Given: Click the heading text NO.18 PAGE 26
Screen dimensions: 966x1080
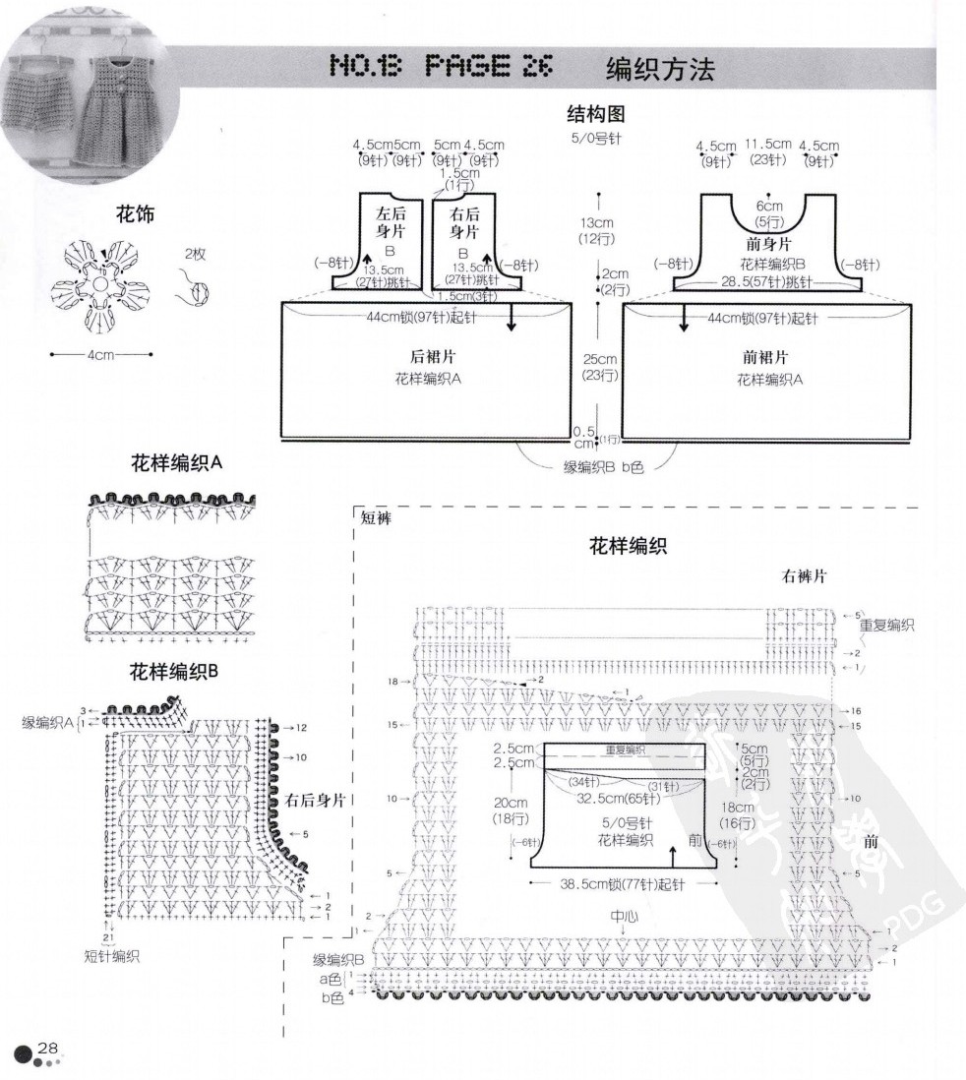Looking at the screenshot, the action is pyautogui.click(x=441, y=66).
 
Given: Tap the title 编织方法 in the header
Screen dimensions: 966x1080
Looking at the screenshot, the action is pyautogui.click(x=658, y=68).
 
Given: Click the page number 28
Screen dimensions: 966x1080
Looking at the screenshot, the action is pyautogui.click(x=48, y=1049).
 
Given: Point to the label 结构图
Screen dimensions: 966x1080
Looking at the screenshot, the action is pyautogui.click(x=596, y=114).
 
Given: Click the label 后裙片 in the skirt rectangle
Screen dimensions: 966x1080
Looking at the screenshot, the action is pyautogui.click(x=428, y=357).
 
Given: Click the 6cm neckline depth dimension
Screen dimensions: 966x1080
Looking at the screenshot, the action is pyautogui.click(x=769, y=206).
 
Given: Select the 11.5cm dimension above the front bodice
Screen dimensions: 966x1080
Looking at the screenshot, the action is pyautogui.click(x=767, y=145).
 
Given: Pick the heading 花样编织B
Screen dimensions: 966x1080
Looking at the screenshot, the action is pyautogui.click(x=173, y=672).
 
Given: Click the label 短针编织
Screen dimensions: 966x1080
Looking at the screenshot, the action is pyautogui.click(x=112, y=955).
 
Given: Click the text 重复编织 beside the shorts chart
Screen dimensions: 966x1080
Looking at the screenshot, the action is pyautogui.click(x=886, y=625).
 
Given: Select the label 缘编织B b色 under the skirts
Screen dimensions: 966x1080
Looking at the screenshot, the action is pyautogui.click(x=603, y=467).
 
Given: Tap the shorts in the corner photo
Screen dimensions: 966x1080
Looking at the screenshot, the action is pyautogui.click(x=42, y=113).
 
